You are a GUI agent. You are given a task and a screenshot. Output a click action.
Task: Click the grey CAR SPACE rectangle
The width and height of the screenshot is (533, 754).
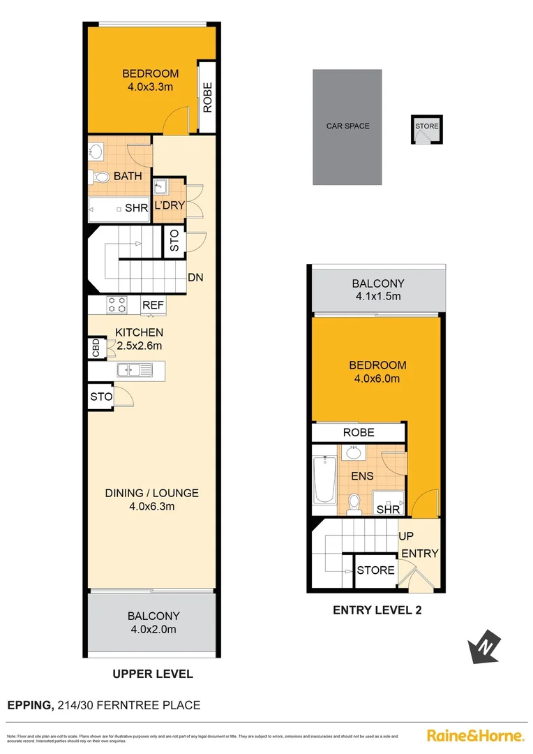click(347, 126)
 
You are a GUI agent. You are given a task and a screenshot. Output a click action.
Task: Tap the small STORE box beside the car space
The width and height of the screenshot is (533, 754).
click(427, 128)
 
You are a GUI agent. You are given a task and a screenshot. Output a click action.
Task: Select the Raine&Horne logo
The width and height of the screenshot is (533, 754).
click(474, 735)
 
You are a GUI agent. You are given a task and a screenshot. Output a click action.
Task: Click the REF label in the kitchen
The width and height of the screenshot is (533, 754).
click(152, 305)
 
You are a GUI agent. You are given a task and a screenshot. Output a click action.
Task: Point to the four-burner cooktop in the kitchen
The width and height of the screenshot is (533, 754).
click(117, 304)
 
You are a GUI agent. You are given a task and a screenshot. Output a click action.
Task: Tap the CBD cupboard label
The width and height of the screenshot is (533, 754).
click(95, 347)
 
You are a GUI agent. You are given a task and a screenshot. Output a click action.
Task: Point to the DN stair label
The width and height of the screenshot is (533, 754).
click(195, 277)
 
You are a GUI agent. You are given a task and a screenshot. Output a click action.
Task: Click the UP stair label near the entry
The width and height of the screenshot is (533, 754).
click(406, 536)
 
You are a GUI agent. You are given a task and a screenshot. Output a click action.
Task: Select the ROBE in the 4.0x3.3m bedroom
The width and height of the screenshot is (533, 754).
click(207, 98)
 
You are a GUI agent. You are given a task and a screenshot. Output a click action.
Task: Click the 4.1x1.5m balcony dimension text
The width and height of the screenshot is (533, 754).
click(378, 297)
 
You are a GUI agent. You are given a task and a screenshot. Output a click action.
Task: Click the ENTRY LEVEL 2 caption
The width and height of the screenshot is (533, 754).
click(377, 609)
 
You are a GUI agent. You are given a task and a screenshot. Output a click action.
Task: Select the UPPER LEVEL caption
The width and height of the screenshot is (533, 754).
click(153, 674)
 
